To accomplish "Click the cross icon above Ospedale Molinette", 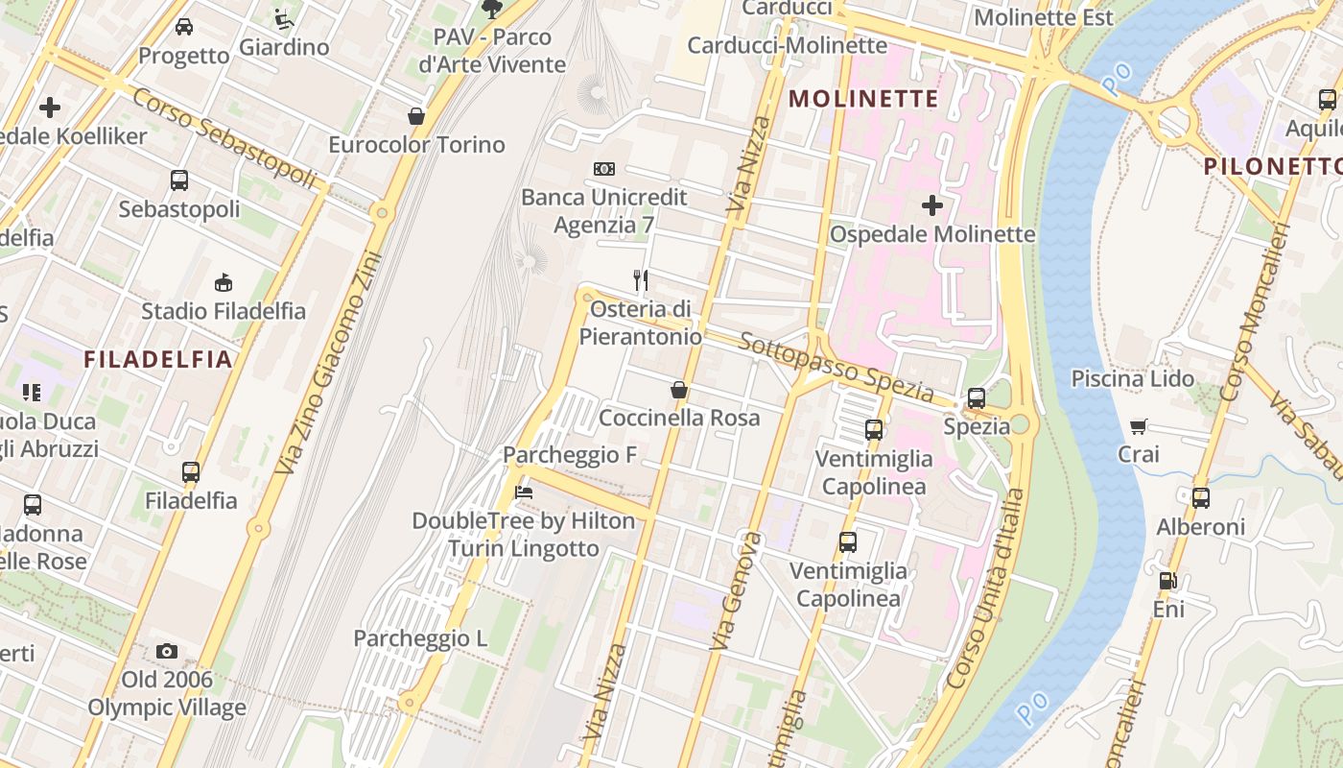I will tap(931, 204).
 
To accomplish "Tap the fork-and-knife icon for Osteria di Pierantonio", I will tap(641, 280).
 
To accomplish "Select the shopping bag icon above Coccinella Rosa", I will tap(678, 390).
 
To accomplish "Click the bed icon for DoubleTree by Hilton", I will tap(523, 492).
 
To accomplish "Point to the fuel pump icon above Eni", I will tap(1167, 580).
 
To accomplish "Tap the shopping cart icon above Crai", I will tap(1138, 426).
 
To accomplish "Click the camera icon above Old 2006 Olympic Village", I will tap(167, 651).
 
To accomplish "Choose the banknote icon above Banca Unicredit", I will tap(603, 169).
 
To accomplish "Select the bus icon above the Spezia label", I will tap(977, 397).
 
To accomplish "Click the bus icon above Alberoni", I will tap(1200, 497).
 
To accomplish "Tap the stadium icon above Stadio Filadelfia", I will tap(223, 281).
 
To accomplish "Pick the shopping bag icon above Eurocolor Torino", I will tap(416, 116).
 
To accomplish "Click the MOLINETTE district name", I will tap(863, 99).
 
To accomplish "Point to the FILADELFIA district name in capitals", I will tap(158, 360).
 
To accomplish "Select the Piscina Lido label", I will tap(1133, 378).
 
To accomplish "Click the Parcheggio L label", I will tap(420, 638).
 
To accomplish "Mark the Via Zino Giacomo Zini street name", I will tap(328, 363).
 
